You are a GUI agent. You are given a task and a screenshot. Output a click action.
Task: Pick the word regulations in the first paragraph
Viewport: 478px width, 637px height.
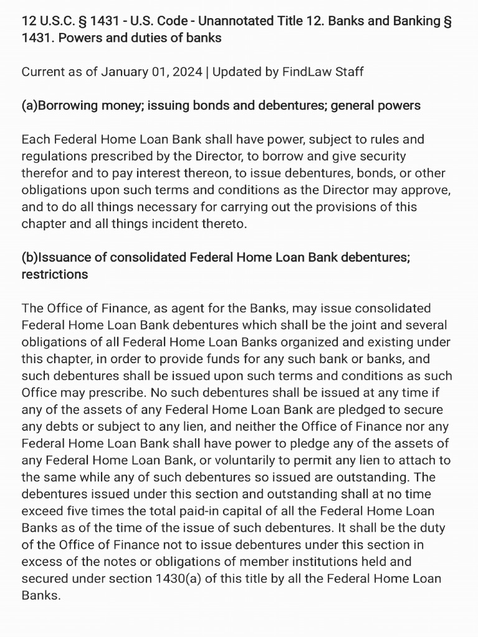(54, 156)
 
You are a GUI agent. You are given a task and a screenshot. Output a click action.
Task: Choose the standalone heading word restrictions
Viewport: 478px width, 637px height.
(55, 274)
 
